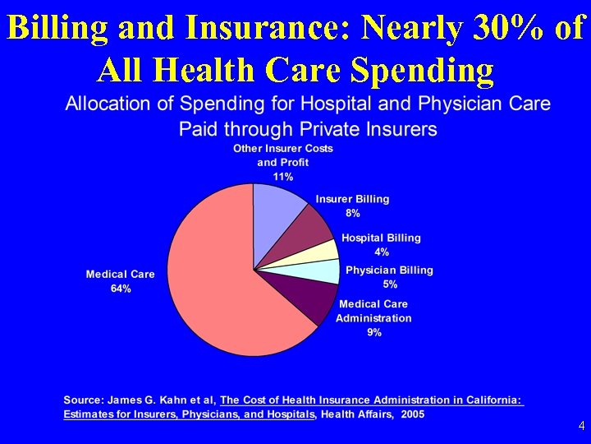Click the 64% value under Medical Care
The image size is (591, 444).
(x=121, y=289)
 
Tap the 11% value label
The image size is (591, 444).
(x=283, y=177)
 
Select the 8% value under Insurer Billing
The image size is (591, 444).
(x=352, y=213)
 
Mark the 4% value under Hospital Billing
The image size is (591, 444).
(x=381, y=252)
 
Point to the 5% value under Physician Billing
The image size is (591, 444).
(x=390, y=284)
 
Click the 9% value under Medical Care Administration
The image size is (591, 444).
(x=373, y=332)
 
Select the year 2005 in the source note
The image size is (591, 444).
(x=412, y=414)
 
